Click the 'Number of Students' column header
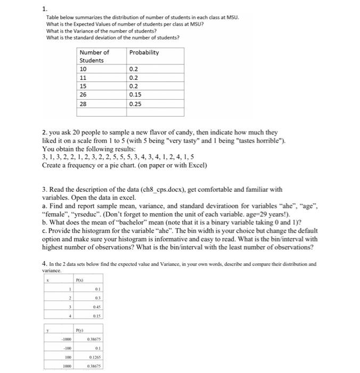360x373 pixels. coord(94,56)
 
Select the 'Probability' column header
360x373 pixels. coord(144,52)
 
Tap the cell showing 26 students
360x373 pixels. coord(83,94)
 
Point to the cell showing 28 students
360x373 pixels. coord(83,104)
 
